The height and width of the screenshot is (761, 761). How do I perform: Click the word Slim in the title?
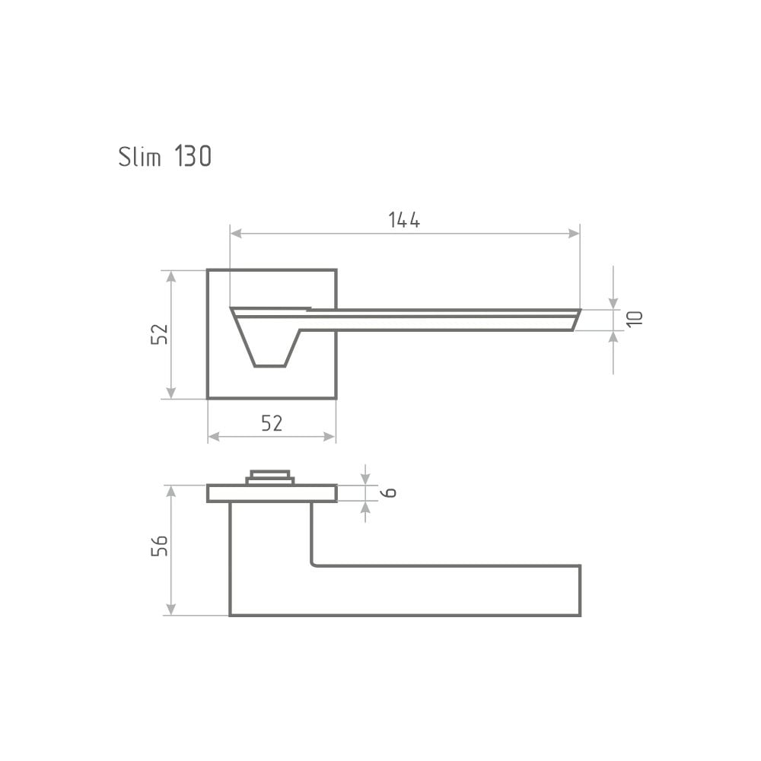point(140,156)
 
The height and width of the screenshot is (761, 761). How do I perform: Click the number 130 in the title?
point(193,156)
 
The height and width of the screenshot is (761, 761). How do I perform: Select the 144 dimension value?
point(404,220)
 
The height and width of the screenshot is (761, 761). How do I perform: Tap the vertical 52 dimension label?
point(159,334)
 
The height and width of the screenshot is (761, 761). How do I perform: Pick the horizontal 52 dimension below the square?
point(272,423)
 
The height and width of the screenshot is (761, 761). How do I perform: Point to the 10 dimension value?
point(635,319)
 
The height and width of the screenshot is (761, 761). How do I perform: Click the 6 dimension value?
point(388,492)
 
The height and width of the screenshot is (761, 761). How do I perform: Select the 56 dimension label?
point(159,546)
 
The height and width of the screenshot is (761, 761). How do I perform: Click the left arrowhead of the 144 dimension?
point(236,234)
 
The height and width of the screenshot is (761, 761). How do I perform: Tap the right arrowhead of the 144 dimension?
point(574,234)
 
